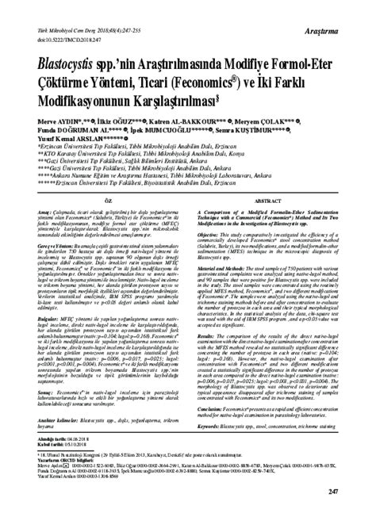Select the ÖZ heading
101,204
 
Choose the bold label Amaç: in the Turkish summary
21,217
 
